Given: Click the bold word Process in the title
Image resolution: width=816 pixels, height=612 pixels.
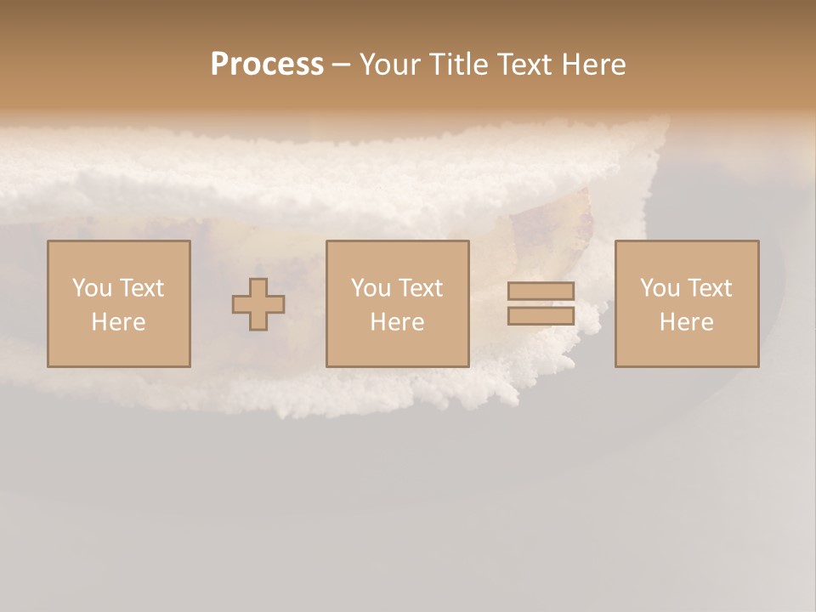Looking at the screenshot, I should click(267, 65).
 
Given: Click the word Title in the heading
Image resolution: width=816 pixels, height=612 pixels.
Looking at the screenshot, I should click(459, 65).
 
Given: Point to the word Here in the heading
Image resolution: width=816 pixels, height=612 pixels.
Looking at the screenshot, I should click(594, 65).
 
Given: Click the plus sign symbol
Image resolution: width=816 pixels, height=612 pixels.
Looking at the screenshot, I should click(258, 304).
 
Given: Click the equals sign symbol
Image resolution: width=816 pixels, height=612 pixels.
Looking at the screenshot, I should click(541, 303).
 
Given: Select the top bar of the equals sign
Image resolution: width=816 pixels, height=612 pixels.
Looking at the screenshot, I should click(541, 291).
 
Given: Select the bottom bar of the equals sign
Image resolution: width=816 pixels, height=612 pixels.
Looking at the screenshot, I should click(541, 316).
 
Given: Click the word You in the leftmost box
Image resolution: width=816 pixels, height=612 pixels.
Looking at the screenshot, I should click(91, 288).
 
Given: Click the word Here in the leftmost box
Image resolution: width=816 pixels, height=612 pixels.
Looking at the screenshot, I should click(119, 322).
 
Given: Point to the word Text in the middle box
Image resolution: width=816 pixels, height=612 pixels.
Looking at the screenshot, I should click(421, 288).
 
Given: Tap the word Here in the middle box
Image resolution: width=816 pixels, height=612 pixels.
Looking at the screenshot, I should click(397, 322).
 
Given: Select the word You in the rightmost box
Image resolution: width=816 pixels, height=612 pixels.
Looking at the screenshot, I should click(660, 288).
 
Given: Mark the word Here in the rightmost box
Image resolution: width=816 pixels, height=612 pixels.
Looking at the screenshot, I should click(687, 322).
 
